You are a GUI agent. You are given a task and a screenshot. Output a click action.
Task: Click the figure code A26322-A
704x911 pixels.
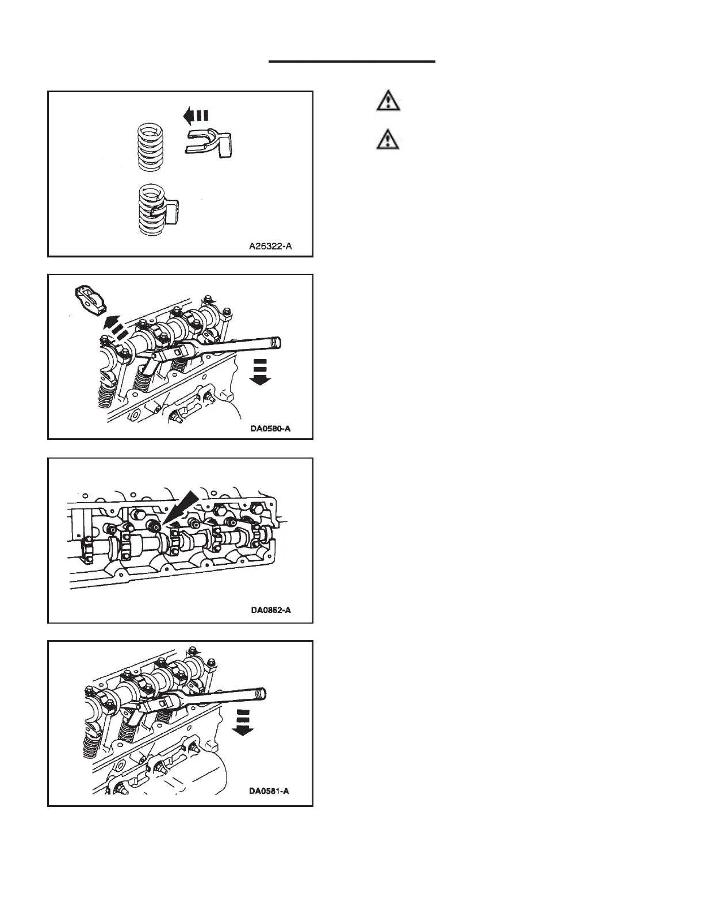tap(270, 246)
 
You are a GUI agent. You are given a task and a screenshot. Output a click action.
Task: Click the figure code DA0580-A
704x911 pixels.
tap(271, 428)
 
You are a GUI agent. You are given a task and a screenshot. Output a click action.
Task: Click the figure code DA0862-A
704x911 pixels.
tap(270, 610)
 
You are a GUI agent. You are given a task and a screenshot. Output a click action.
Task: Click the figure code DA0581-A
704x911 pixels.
tap(269, 791)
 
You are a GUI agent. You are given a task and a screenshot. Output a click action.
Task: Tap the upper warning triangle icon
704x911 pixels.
tap(389, 102)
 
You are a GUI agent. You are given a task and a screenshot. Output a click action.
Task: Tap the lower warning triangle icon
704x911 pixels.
tap(389, 140)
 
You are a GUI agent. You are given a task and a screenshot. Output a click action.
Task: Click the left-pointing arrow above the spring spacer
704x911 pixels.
tap(195, 116)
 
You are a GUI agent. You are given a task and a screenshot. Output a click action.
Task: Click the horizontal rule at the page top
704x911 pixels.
tap(352, 61)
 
